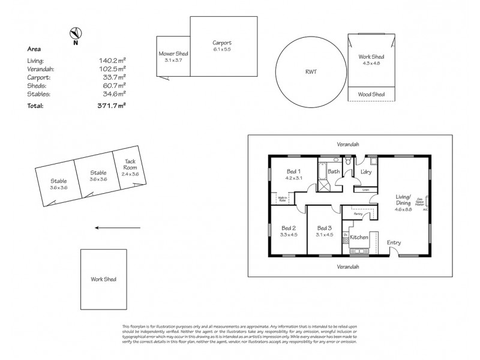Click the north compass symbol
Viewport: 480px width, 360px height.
tap(75, 35)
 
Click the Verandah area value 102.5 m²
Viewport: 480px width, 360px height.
tap(112, 69)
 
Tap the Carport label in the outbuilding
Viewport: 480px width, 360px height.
tap(222, 43)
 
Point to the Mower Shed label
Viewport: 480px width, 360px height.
tap(173, 54)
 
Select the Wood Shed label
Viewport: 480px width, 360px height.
tap(371, 94)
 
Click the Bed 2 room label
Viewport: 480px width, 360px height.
tap(289, 228)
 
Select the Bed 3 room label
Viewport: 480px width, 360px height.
tap(324, 228)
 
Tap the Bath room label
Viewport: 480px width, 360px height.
tap(334, 172)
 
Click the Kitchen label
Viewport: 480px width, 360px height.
tap(359, 238)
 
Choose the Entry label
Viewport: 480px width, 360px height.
tap(394, 242)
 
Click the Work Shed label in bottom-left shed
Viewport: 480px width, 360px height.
tap(103, 279)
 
